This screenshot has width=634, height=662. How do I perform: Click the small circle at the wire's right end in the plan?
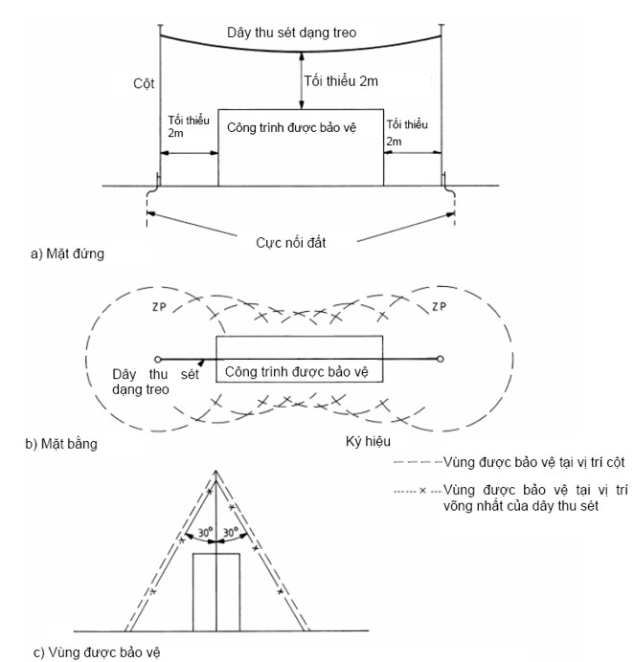click(x=440, y=359)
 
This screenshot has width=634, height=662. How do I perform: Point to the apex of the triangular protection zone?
click(x=217, y=471)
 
